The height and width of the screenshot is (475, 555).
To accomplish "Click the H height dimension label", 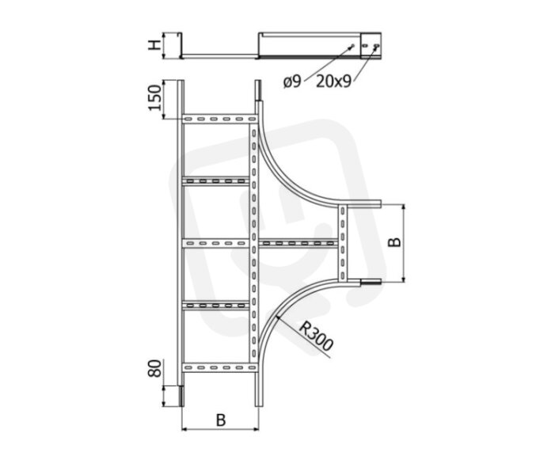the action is (x=154, y=45).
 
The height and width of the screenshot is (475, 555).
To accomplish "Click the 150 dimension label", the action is (x=154, y=97).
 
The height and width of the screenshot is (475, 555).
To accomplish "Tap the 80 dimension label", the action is (x=154, y=368).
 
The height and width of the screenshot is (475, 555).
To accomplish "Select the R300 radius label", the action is (x=316, y=336).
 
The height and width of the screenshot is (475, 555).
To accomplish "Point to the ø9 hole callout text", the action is (x=292, y=82).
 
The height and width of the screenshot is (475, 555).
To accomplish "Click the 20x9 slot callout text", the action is (x=333, y=82).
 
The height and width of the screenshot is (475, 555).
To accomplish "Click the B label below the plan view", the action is (x=221, y=420).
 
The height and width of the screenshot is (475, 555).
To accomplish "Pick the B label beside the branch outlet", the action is (x=394, y=241).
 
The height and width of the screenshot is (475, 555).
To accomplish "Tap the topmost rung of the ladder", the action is (x=219, y=119).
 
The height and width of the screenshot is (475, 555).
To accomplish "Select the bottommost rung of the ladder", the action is (x=219, y=367).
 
